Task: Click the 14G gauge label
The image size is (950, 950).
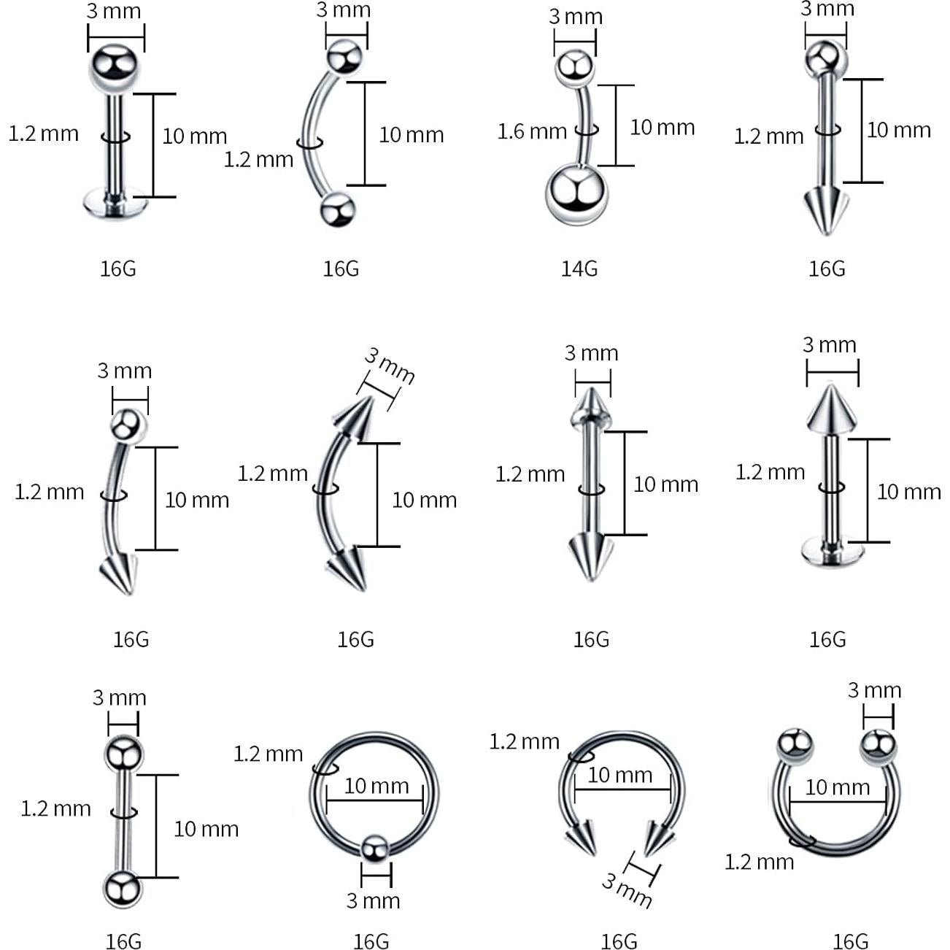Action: pos(579,269)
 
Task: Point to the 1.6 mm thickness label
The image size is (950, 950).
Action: pos(532,131)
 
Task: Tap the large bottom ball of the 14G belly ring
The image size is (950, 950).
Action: pos(576,194)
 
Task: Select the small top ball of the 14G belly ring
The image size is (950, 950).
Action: pos(575,67)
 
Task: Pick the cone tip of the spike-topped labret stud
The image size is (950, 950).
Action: pos(830,408)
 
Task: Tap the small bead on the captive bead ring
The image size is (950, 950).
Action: pos(375,848)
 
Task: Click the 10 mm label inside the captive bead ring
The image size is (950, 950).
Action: pos(376,786)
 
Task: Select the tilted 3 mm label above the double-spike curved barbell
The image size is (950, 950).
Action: pos(390,366)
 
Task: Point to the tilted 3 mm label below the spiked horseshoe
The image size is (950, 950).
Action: pos(627,890)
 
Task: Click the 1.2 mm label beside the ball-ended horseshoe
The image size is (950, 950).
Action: pos(759,862)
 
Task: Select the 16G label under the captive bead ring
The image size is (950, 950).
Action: pos(371,941)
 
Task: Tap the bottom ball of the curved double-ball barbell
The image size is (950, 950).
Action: pos(338,209)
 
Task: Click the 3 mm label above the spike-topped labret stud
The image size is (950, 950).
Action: pos(830,344)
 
